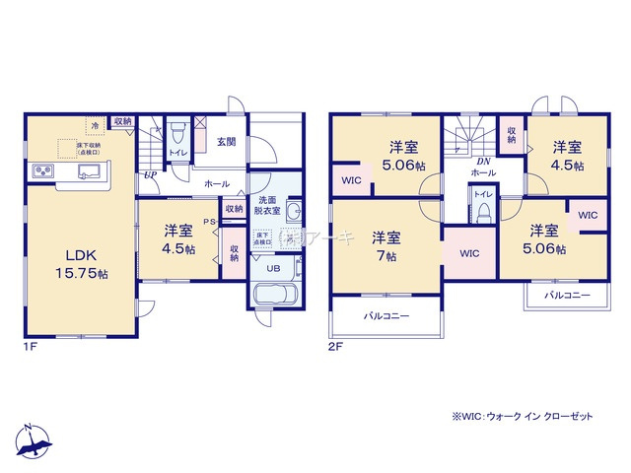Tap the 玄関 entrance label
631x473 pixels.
(225, 142)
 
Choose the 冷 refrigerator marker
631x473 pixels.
(95, 125)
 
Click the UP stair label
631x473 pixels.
(149, 175)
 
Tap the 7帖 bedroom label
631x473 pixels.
(385, 247)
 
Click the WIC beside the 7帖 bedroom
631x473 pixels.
(468, 253)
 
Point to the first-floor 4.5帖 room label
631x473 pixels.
(178, 240)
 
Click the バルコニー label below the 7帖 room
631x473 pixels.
(385, 316)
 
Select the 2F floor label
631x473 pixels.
(336, 345)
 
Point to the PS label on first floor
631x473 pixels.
(209, 222)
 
